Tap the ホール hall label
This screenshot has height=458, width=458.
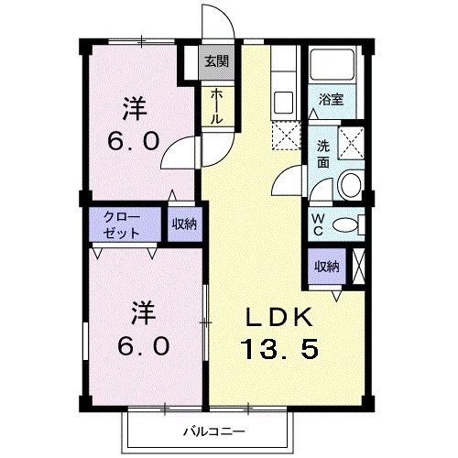coord(216,106)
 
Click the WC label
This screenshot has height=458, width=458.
coord(317,224)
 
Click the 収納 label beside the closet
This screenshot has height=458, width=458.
coord(183,224)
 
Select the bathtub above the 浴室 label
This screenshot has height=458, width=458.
coord(334,65)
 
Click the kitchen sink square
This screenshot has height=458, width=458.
coord(282,101)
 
